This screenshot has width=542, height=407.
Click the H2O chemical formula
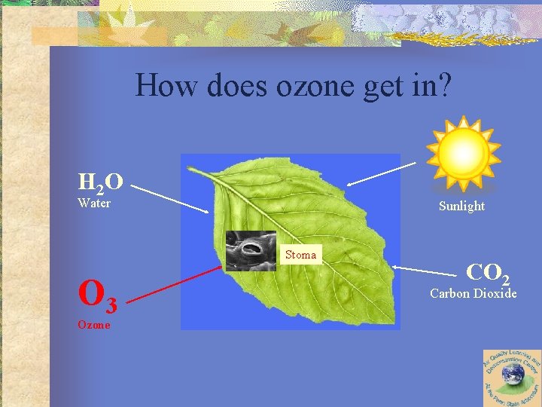point(100,182)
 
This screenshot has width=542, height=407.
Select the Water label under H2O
point(94,203)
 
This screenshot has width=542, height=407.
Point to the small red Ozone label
point(93,325)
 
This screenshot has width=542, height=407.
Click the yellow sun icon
point(462,150)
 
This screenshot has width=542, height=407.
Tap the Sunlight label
point(462,206)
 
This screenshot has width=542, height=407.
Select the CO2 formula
point(487,272)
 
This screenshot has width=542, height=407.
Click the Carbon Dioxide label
point(473,293)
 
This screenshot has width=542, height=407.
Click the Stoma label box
point(300,255)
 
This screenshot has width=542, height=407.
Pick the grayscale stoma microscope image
point(251,250)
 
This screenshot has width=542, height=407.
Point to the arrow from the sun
point(381,173)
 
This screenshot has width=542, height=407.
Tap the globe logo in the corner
point(512,378)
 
